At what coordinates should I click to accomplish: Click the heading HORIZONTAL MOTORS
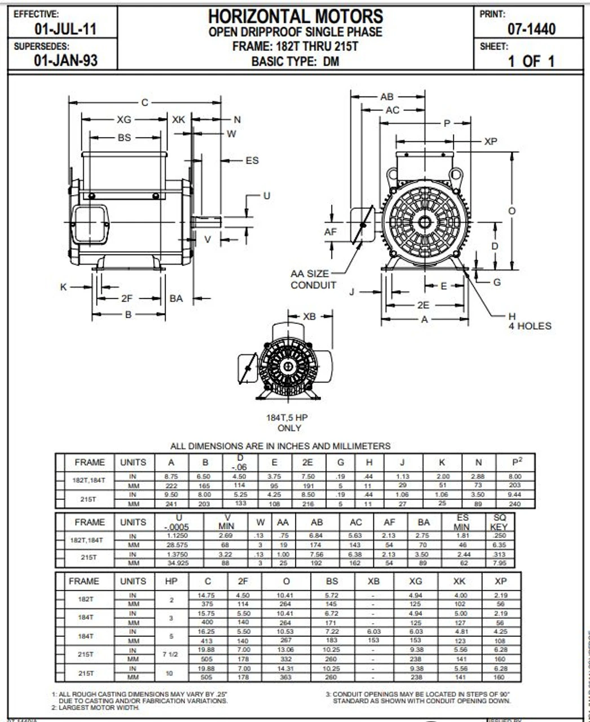(x=295, y=16)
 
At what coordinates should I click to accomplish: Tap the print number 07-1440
(x=531, y=29)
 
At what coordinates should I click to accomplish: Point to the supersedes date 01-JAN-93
(x=66, y=60)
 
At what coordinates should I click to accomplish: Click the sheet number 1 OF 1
(x=531, y=61)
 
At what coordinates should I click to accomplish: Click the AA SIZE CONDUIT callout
(x=313, y=279)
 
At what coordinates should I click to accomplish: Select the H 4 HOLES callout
(x=529, y=321)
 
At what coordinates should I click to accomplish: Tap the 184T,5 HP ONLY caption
(x=287, y=422)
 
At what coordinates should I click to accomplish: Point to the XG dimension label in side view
(x=124, y=120)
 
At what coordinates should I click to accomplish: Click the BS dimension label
(x=124, y=138)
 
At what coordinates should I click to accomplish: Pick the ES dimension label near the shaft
(x=252, y=161)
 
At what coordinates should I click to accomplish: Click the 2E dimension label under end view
(x=423, y=305)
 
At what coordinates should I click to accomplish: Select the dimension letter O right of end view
(x=512, y=211)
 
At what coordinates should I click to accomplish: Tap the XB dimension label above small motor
(x=309, y=317)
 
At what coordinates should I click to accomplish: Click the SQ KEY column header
(x=499, y=522)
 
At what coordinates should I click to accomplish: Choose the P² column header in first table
(x=516, y=461)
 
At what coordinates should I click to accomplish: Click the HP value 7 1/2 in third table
(x=171, y=654)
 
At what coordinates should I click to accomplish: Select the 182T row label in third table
(x=85, y=600)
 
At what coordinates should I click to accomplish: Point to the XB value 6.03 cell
(x=373, y=632)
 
